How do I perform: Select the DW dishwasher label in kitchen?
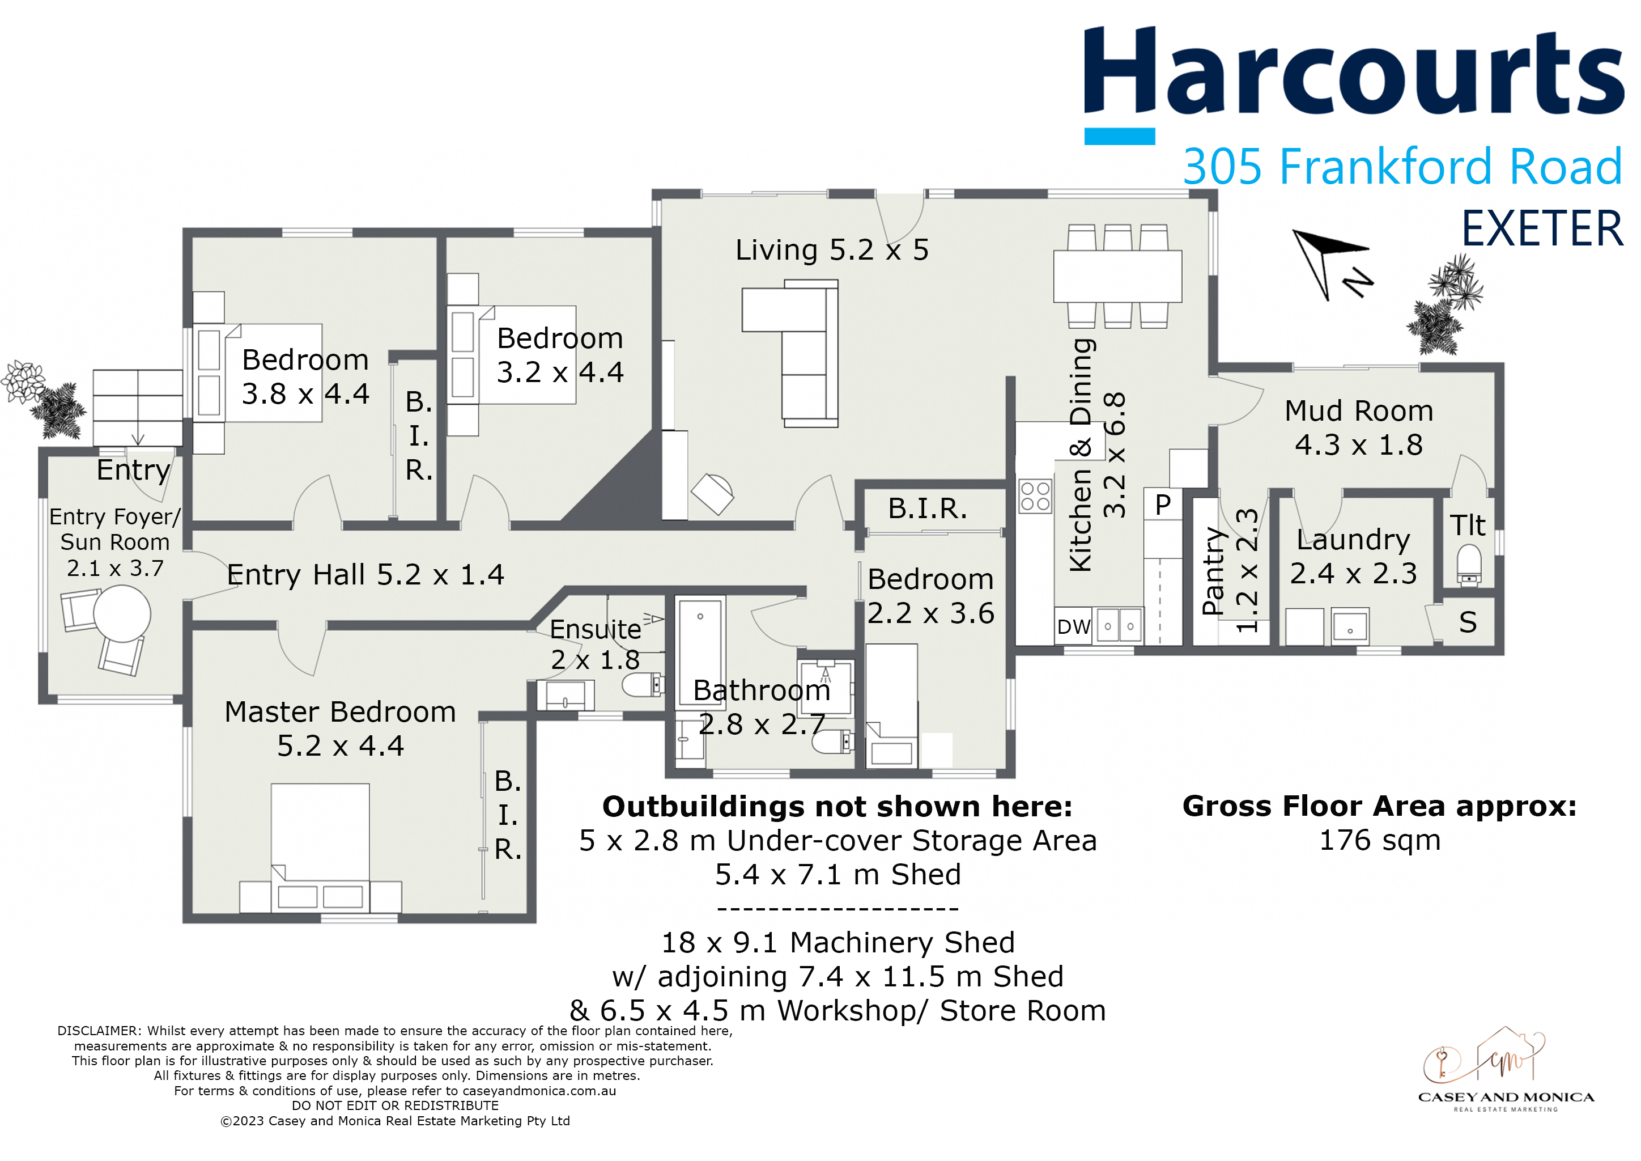point(1084,633)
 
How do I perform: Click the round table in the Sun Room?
point(123,620)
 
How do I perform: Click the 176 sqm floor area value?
point(1394,849)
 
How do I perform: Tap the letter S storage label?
point(1482,629)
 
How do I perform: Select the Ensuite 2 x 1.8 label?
point(601,651)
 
